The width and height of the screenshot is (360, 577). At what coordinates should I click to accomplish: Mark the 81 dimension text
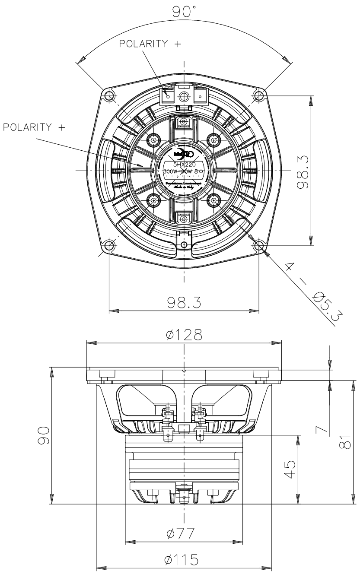click(x=344, y=442)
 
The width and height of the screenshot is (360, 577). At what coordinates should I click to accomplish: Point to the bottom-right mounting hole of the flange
click(x=259, y=246)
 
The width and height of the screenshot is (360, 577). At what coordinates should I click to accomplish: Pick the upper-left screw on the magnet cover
click(x=154, y=140)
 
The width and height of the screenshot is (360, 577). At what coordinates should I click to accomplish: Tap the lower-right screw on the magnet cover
click(x=214, y=200)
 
